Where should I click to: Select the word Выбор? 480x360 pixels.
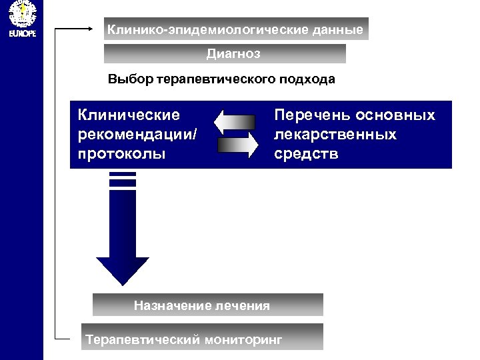click(x=130, y=79)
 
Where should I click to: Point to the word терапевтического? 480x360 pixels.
click(x=215, y=80)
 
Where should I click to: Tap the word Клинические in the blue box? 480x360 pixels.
click(x=129, y=115)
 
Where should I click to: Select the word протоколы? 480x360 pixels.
click(x=121, y=154)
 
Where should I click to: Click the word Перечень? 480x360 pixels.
click(x=311, y=115)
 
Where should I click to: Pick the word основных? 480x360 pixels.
click(x=395, y=115)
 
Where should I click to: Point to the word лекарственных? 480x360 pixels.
click(x=335, y=135)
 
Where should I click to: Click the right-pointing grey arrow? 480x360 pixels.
click(x=237, y=144)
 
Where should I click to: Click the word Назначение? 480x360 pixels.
click(x=173, y=306)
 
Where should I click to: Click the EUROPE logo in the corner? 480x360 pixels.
click(x=21, y=19)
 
